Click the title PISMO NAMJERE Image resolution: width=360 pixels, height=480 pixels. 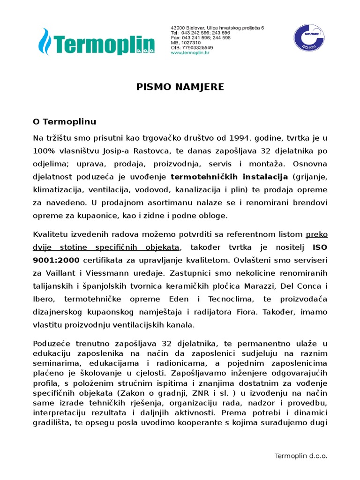point(173,87)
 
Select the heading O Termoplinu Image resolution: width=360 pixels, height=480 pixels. point(64,122)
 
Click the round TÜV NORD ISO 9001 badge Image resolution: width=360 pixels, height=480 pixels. point(308,39)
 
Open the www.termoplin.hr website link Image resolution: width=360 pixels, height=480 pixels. point(190,52)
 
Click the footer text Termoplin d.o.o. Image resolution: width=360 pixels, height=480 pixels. point(300,456)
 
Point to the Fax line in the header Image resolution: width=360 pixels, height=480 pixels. point(200,38)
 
